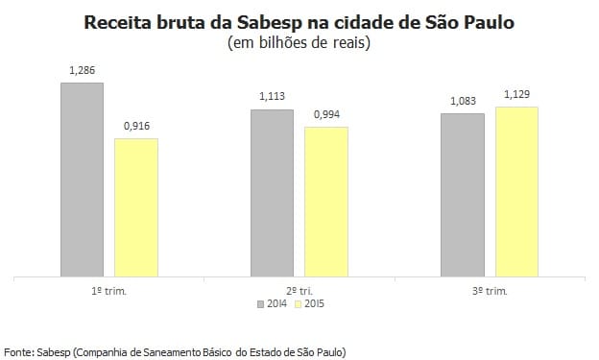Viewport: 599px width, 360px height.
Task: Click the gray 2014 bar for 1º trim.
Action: pyautogui.click(x=82, y=180)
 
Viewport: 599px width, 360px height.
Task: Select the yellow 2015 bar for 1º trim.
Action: pyautogui.click(x=135, y=207)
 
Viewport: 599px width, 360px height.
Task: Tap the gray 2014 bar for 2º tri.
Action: pyautogui.click(x=272, y=193)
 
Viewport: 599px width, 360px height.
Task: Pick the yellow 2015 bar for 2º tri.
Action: pyautogui.click(x=325, y=202)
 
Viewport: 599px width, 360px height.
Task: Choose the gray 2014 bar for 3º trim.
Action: pyautogui.click(x=462, y=195)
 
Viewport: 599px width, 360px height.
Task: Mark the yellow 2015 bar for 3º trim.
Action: pyautogui.click(x=516, y=192)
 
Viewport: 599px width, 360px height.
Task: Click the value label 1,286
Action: pyautogui.click(x=82, y=71)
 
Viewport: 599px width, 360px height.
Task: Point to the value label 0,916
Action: pyautogui.click(x=136, y=127)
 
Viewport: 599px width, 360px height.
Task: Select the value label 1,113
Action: pyautogui.click(x=272, y=97)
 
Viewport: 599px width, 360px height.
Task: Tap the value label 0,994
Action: pyautogui.click(x=326, y=115)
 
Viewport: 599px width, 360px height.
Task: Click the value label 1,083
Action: pyautogui.click(x=462, y=102)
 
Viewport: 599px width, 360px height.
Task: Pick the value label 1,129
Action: pyautogui.click(x=516, y=94)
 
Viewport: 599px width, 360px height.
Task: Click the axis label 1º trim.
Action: pyautogui.click(x=109, y=290)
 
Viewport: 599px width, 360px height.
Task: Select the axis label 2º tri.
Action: pyautogui.click(x=299, y=290)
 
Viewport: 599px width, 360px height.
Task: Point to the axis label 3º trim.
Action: pyautogui.click(x=490, y=290)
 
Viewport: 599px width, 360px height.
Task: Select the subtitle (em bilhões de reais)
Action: pyautogui.click(x=299, y=43)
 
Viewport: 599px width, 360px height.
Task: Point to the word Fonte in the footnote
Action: pyautogui.click(x=18, y=351)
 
